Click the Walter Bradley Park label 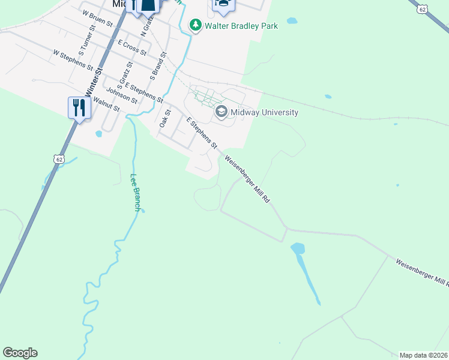(x=241, y=26)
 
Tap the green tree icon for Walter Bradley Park (x=195, y=25)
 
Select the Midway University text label (x=264, y=112)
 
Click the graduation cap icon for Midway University (x=221, y=112)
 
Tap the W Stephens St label (x=73, y=59)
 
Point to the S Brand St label (x=158, y=67)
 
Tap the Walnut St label (x=108, y=106)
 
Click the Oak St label (x=166, y=118)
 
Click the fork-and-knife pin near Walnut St (x=79, y=108)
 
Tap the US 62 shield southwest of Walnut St (x=58, y=158)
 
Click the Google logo (x=20, y=353)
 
